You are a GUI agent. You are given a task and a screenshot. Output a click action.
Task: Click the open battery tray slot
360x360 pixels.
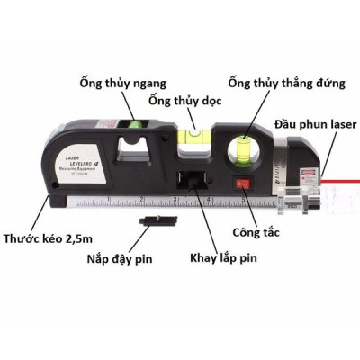click(192, 180)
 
